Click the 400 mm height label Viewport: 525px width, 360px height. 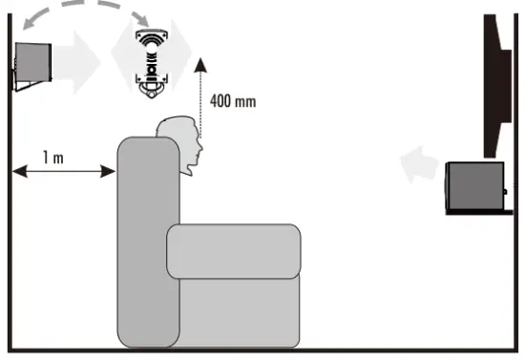tap(232, 100)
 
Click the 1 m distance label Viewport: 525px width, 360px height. tap(53, 156)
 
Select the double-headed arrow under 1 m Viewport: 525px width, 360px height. tap(64, 172)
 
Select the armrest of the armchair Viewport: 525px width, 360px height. tap(234, 250)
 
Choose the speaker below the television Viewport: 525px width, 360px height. tap(475, 185)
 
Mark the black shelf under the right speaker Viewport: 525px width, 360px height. tap(481, 213)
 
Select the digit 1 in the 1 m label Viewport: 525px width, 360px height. tap(46, 156)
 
